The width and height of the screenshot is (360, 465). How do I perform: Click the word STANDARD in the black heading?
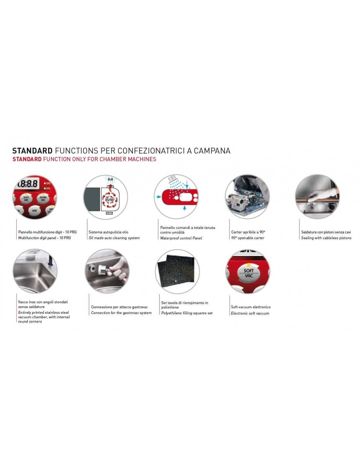[x=32, y=151]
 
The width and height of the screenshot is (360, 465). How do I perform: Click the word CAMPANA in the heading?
[x=212, y=151]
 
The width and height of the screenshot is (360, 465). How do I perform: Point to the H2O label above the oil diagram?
[x=110, y=179]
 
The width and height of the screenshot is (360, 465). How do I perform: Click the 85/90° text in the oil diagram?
[x=110, y=200]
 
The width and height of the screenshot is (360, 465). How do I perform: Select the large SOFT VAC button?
[x=248, y=273]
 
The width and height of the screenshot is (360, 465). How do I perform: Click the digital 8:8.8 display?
[x=27, y=184]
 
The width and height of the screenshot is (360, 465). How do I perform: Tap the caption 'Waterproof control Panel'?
[x=181, y=238]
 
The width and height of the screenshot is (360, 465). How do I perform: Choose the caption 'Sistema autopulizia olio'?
[x=108, y=232]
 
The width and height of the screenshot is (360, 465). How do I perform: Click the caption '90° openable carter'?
[x=247, y=238]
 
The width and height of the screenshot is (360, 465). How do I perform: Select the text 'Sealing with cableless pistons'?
[x=326, y=238]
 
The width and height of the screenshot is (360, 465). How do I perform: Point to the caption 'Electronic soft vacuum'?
[x=250, y=313]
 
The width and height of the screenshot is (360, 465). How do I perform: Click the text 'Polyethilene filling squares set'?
[x=187, y=313]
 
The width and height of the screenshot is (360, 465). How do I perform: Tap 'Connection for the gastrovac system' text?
[x=121, y=313]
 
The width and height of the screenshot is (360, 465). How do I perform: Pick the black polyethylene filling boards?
[x=176, y=269]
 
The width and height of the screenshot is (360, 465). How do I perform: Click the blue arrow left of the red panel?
[x=158, y=197]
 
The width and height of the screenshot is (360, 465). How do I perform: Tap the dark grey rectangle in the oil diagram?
[x=92, y=199]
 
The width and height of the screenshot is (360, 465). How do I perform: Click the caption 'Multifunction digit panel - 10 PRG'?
[x=45, y=238]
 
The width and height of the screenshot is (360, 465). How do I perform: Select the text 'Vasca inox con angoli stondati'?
[x=43, y=302]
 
